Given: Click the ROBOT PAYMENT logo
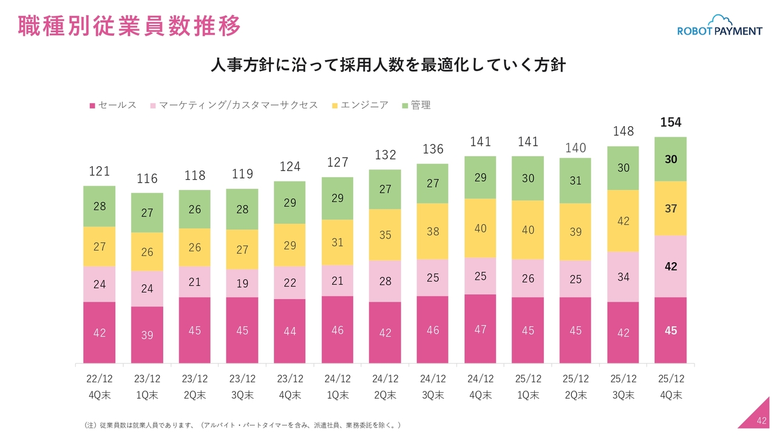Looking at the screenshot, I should (x=719, y=27).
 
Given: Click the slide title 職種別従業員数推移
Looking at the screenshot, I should (x=129, y=27).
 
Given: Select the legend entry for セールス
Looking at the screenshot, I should (x=114, y=105).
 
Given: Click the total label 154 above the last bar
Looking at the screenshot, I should (x=671, y=123).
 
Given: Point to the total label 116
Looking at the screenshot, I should (x=147, y=178).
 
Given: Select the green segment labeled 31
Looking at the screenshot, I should (x=575, y=181).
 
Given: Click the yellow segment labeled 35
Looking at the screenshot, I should (x=385, y=235).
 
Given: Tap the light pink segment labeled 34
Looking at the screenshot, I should (x=623, y=277).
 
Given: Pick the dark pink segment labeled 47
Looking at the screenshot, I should (x=480, y=329).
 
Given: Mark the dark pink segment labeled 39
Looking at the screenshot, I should (x=147, y=335).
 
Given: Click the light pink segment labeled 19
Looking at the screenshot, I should (x=242, y=283).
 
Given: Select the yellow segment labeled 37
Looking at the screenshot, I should (x=671, y=208).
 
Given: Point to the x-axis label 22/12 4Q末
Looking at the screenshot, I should (x=99, y=387).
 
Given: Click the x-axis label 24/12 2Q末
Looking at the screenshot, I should (x=385, y=387).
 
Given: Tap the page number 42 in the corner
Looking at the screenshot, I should (x=762, y=421).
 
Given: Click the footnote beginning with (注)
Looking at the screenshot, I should (x=242, y=425).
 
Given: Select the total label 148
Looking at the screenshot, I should (x=623, y=131).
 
